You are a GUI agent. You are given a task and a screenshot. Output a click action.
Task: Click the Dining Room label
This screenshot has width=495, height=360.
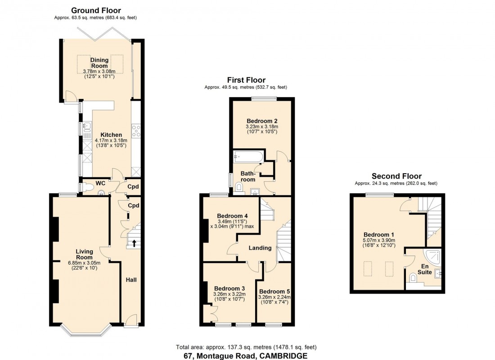[99, 63]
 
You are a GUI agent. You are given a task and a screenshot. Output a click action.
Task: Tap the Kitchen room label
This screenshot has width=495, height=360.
[111, 135]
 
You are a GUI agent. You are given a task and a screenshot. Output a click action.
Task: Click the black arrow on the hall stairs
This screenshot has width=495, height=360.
[134, 243]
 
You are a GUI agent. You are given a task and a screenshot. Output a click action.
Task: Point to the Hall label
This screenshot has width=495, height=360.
[131, 280]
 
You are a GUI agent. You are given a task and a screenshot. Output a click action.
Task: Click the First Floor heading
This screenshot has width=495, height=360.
[246, 80]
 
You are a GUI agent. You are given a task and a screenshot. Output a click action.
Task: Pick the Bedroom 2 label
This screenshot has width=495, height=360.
[261, 121]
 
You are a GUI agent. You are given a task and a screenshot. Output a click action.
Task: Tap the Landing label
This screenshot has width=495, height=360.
[260, 248]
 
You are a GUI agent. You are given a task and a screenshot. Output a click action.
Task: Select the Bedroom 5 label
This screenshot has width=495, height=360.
[274, 291]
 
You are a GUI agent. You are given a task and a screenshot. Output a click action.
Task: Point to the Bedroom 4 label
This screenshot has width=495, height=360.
[232, 215]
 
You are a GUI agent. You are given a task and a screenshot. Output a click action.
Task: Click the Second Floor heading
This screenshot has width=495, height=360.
[396, 176]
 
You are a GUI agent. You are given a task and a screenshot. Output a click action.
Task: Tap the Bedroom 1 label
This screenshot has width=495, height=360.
[379, 234]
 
